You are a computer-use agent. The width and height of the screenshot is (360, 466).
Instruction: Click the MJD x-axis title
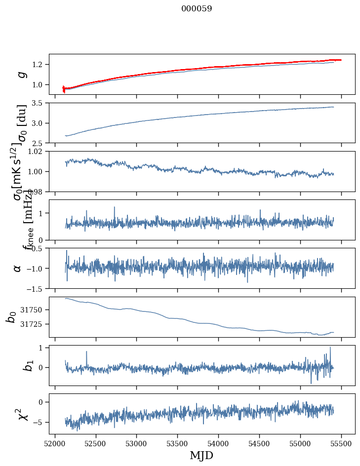(x=201, y=455)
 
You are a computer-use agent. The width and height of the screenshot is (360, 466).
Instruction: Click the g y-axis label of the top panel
(x=21, y=74)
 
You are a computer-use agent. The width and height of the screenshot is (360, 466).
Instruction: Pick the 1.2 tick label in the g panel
(x=40, y=65)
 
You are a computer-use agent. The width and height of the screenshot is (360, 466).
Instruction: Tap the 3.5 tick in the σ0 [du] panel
(x=40, y=103)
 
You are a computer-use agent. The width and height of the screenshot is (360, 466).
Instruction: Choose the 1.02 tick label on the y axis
(x=38, y=152)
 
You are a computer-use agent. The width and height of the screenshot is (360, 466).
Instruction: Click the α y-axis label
(x=18, y=268)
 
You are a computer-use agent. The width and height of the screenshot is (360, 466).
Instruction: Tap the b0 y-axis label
(x=11, y=317)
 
